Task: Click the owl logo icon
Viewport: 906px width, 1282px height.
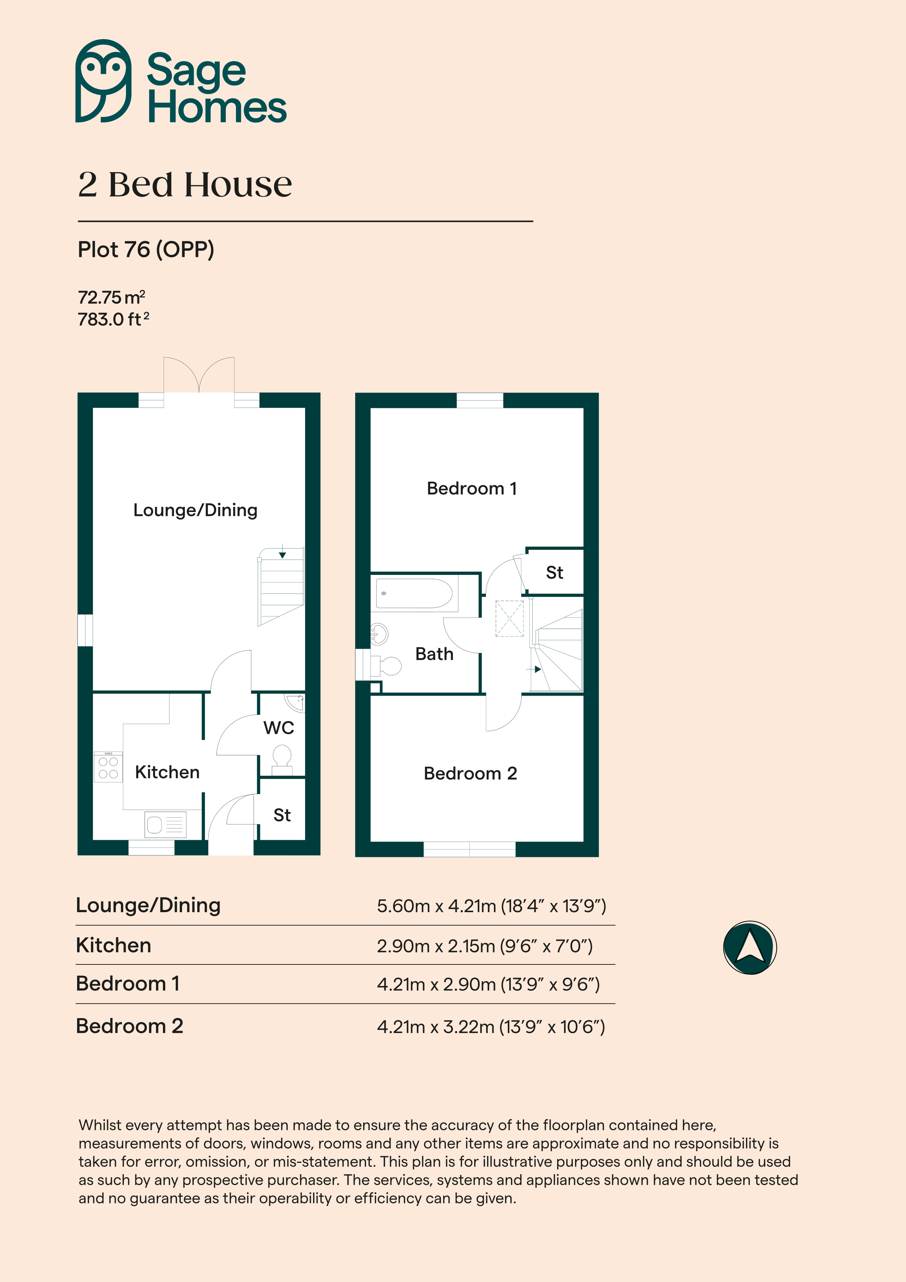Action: pyautogui.click(x=103, y=81)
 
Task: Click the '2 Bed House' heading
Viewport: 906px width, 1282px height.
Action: pyautogui.click(x=185, y=185)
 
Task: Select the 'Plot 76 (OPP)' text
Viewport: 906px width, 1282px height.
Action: pyautogui.click(x=146, y=250)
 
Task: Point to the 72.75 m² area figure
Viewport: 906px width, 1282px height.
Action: pyautogui.click(x=111, y=297)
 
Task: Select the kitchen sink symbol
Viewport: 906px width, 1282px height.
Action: pyautogui.click(x=165, y=824)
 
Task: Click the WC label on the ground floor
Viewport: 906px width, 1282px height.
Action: pyautogui.click(x=278, y=728)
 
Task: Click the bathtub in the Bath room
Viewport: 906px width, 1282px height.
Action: pyautogui.click(x=414, y=593)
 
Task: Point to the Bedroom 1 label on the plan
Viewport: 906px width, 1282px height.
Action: pyautogui.click(x=472, y=489)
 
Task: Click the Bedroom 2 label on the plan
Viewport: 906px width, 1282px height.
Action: pyautogui.click(x=470, y=773)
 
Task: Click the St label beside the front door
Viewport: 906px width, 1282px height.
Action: pyautogui.click(x=282, y=815)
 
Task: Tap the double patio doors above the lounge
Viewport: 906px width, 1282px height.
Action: pyautogui.click(x=199, y=375)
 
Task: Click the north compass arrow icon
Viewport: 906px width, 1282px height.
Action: pyautogui.click(x=750, y=948)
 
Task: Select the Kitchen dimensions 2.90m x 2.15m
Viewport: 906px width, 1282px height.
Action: pyautogui.click(x=484, y=946)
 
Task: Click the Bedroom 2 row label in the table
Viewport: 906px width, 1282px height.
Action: pyautogui.click(x=130, y=1026)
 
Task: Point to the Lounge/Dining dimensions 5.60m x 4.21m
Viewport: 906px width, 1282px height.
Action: pyautogui.click(x=491, y=906)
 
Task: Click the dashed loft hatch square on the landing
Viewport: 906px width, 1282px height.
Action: pyautogui.click(x=509, y=618)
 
